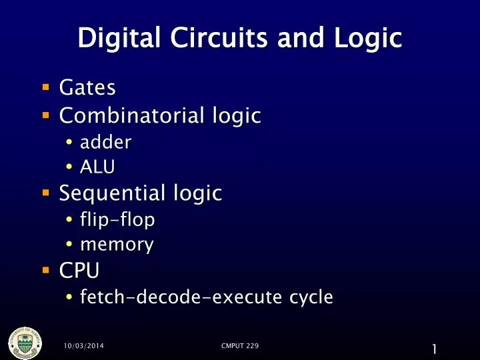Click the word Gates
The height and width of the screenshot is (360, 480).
point(87,87)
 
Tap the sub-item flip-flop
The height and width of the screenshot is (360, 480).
point(117,219)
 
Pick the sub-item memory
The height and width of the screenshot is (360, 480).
point(116,245)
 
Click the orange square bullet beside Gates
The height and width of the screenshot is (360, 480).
point(45,87)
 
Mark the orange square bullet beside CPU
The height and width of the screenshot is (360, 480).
point(45,271)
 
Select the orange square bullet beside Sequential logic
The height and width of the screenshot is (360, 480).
point(45,194)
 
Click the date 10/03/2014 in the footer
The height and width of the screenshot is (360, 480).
point(83,346)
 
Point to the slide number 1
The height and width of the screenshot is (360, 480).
point(434,348)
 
